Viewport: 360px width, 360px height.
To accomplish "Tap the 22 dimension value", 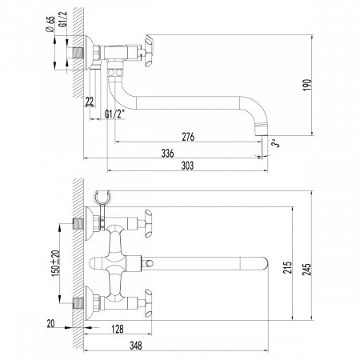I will (88, 99).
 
